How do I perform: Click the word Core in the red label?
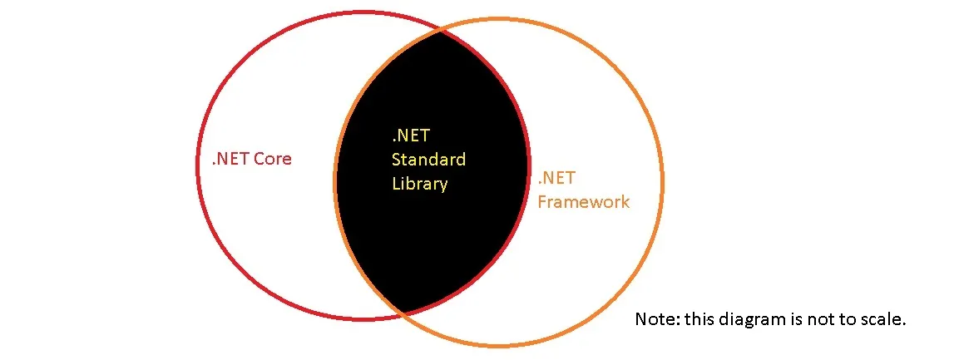pos(273,159)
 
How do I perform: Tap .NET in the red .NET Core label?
pos(230,159)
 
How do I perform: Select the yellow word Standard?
pos(429,160)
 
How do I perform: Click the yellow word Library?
pos(420,184)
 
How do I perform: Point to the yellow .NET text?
pos(411,135)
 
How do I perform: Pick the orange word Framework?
pos(584,202)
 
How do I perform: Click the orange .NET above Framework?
pos(556,178)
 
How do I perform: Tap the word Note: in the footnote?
pos(657,319)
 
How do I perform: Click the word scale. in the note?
pos(885,319)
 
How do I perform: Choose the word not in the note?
pos(820,320)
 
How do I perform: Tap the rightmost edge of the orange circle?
pos(663,182)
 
